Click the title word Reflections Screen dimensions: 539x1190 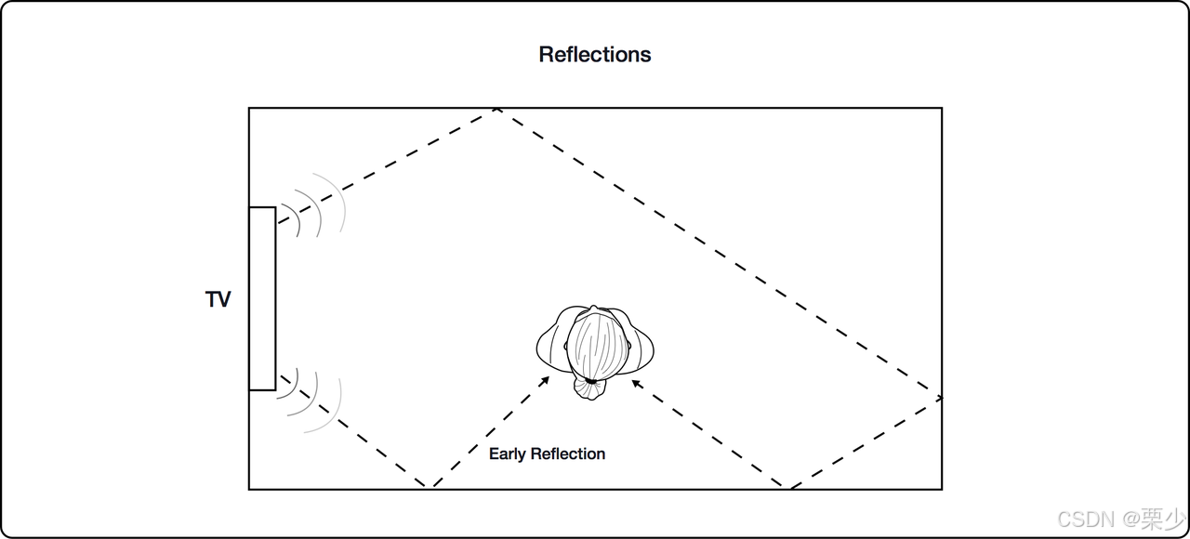tap(595, 55)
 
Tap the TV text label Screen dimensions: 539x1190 tap(218, 300)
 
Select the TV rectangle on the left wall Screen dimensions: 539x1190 tap(262, 298)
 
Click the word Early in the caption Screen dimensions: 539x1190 tap(508, 454)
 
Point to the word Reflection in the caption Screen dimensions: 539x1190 tap(568, 454)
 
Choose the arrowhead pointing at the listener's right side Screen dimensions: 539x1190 tap(635, 381)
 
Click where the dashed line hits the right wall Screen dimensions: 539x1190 tap(941, 399)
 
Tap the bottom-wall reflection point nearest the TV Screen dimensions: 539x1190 tap(430, 487)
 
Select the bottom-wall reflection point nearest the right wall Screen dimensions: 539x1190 tap(789, 487)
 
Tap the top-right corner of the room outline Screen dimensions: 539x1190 tap(941, 109)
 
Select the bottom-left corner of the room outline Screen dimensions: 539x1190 tap(249, 488)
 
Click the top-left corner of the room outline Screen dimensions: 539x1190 tap(249, 109)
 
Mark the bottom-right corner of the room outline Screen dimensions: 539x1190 tap(941, 488)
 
